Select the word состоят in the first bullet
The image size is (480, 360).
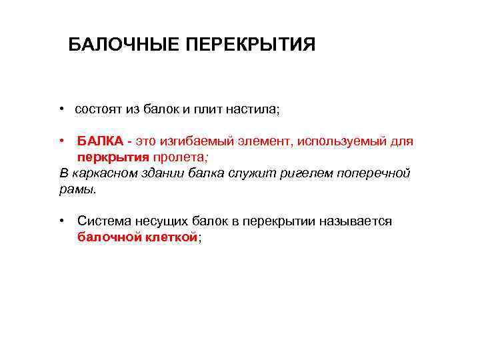click(98, 109)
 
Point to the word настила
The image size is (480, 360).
click(253, 109)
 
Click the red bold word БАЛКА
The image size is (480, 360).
click(100, 141)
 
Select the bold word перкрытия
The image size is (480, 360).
click(113, 157)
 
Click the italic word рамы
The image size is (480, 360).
click(77, 189)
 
